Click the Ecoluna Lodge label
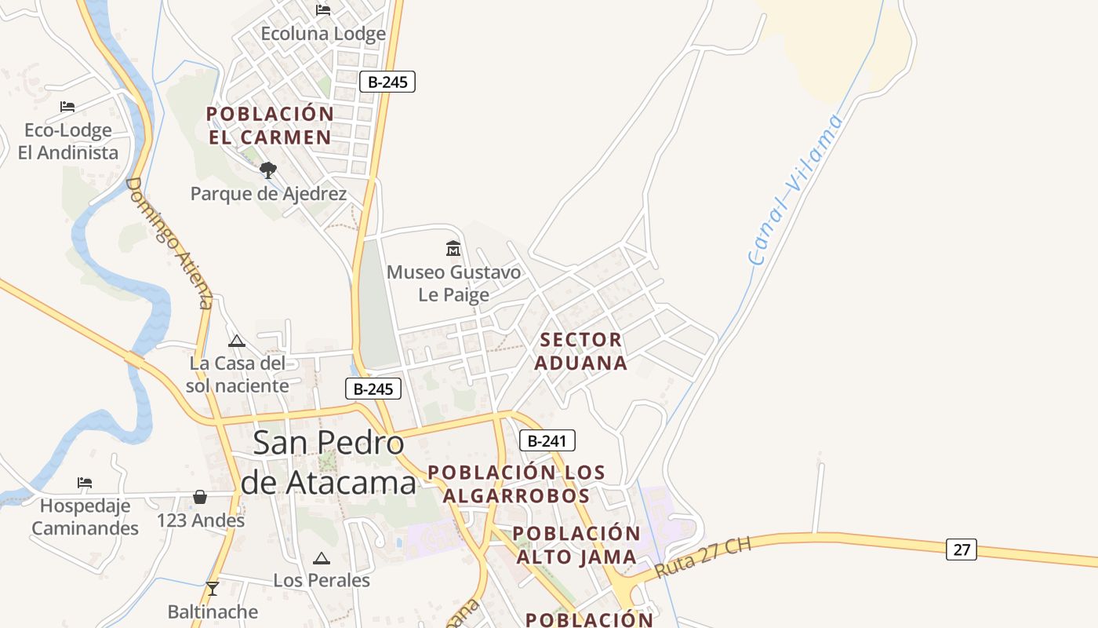click(323, 34)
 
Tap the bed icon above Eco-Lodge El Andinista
click(67, 106)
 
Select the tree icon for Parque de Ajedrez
click(268, 170)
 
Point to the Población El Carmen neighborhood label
click(270, 126)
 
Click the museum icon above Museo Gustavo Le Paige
click(453, 249)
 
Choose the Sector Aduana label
click(583, 351)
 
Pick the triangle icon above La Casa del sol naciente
click(236, 341)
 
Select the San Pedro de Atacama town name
click(328, 463)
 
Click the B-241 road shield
click(547, 440)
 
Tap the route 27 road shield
click(961, 549)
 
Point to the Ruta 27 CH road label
click(703, 558)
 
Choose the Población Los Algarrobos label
click(516, 484)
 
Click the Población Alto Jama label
click(576, 545)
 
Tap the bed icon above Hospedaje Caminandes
click(85, 481)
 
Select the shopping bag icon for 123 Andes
click(200, 497)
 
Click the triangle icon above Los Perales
click(321, 559)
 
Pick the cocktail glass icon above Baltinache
click(212, 588)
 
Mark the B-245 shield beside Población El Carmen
click(387, 82)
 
